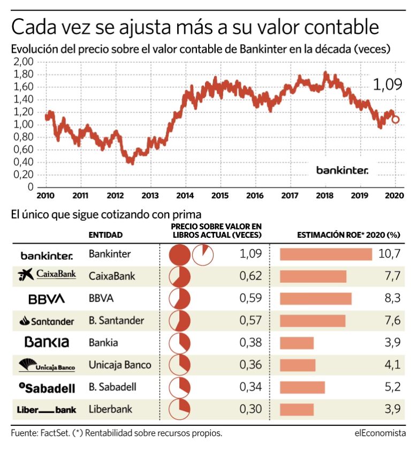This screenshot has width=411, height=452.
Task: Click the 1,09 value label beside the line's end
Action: tap(386, 84)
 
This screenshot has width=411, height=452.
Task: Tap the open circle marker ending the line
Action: tap(395, 119)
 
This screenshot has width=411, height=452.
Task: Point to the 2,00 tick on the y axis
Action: tap(24, 62)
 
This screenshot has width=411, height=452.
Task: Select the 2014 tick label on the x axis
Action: tap(185, 195)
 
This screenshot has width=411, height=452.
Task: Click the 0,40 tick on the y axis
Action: tap(24, 162)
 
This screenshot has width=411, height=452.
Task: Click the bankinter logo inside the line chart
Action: tap(342, 170)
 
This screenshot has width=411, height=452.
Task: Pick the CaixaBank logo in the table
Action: tap(47, 275)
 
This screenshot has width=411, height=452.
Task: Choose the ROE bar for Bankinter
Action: tap(325, 254)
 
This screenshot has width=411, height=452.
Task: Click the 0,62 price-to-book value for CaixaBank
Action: tap(250, 276)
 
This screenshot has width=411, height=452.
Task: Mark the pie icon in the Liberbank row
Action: tap(180, 410)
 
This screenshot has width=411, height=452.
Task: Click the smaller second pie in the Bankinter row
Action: tap(202, 254)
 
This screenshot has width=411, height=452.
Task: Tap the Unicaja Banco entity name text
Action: tap(119, 365)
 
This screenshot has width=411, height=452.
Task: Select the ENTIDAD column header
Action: tap(105, 235)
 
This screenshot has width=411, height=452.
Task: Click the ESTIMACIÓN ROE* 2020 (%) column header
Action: tap(348, 235)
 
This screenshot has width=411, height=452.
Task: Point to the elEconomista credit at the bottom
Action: tap(379, 433)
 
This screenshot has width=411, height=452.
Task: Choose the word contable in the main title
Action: tap(335, 26)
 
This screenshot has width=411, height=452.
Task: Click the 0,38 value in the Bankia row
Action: tap(250, 343)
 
